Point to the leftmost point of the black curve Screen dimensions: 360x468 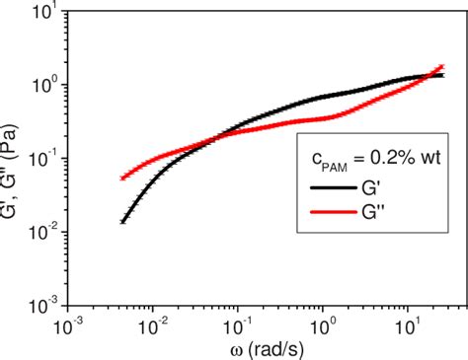click(x=122, y=221)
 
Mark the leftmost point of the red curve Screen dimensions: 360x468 click(x=122, y=179)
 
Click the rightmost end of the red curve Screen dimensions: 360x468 click(x=441, y=66)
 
